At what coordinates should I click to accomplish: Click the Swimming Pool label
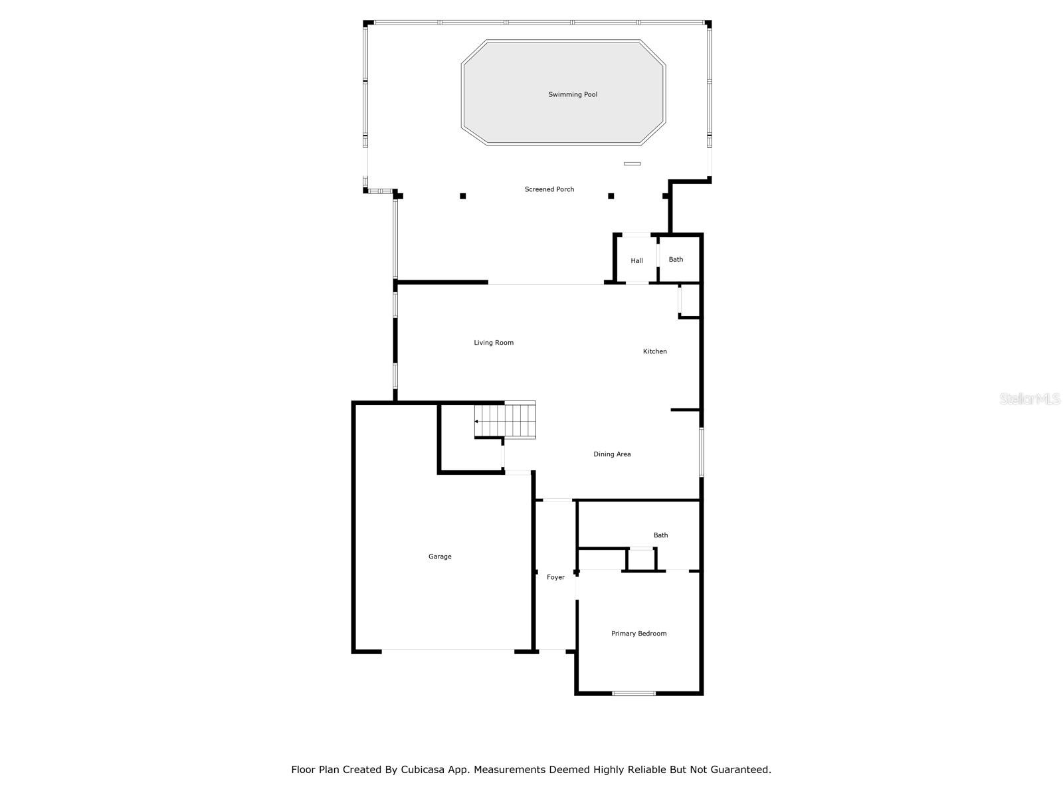573,94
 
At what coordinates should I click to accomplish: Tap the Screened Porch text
549,189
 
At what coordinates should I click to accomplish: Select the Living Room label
494,343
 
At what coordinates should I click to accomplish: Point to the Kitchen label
654,351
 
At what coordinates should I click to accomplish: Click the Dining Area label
612,454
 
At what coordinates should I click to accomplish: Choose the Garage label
440,557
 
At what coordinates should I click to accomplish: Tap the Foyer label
555,577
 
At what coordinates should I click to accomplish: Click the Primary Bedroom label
638,634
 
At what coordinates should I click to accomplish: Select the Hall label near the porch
636,261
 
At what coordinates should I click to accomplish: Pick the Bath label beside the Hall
676,260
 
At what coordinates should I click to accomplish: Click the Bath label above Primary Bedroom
660,535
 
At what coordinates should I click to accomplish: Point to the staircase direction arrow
476,421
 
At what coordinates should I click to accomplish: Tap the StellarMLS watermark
1030,399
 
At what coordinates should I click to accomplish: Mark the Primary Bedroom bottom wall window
634,693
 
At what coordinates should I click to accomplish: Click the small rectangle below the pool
632,163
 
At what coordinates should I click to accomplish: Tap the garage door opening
448,650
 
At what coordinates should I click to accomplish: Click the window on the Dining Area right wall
701,452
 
